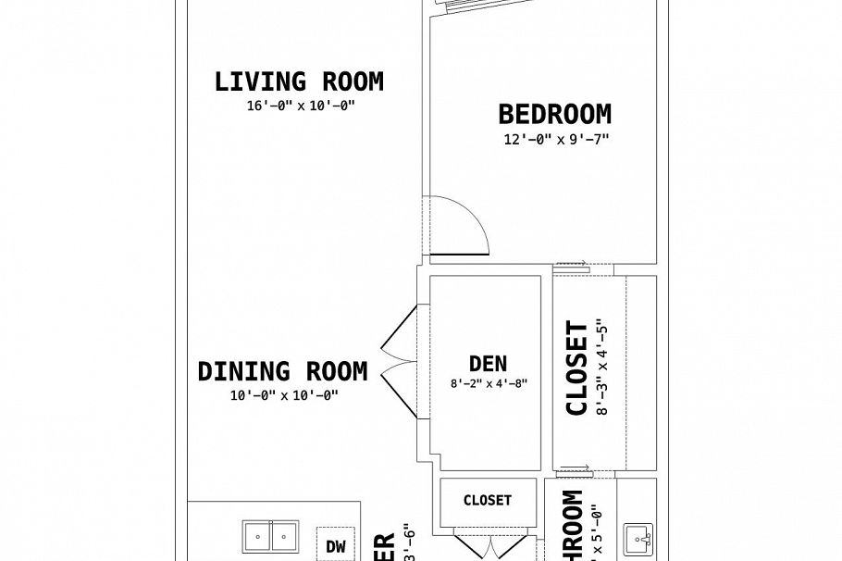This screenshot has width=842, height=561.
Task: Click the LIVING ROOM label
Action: pyautogui.click(x=298, y=81)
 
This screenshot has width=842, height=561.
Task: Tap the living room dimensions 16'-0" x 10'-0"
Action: pyautogui.click(x=298, y=106)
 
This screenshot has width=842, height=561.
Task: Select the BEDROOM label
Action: pyautogui.click(x=554, y=115)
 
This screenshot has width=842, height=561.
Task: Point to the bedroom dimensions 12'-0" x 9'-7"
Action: pyautogui.click(x=554, y=139)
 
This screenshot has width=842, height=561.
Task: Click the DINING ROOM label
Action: pyautogui.click(x=282, y=371)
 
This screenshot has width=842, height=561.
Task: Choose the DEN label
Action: pyautogui.click(x=488, y=364)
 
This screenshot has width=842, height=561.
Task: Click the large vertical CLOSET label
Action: pyautogui.click(x=576, y=368)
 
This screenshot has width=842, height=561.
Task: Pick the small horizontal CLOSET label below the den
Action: pyautogui.click(x=487, y=501)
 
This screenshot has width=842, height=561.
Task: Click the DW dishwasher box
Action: pyautogui.click(x=335, y=546)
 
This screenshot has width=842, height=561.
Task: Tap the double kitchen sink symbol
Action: pyautogui.click(x=270, y=536)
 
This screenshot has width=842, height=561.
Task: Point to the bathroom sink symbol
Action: pyautogui.click(x=639, y=539)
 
